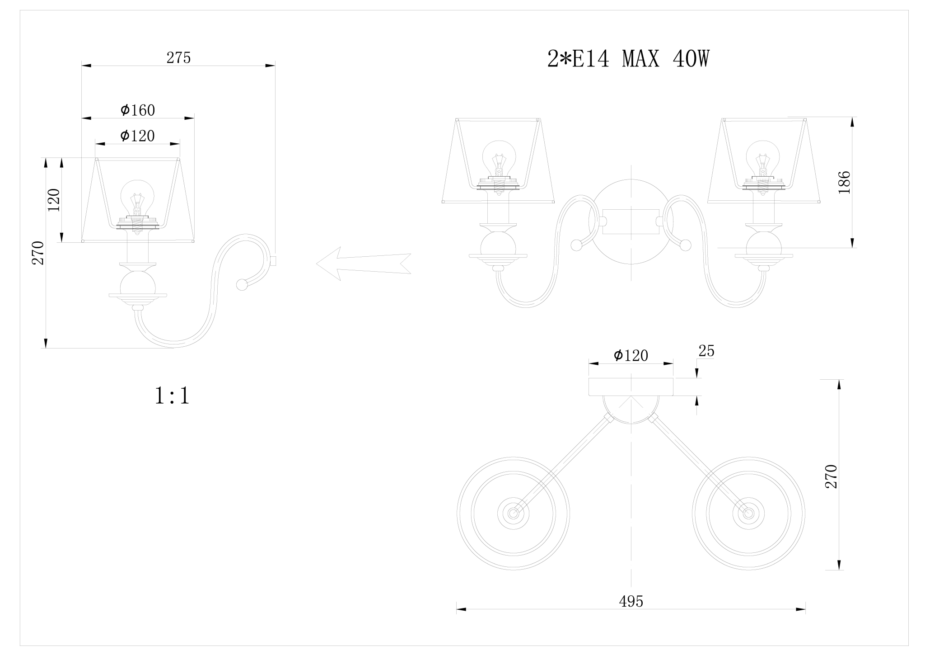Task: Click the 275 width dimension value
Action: (x=179, y=58)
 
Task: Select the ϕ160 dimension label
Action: (x=138, y=110)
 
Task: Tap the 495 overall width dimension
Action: (x=631, y=601)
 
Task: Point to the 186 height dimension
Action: (x=844, y=182)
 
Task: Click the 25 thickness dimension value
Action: (x=706, y=351)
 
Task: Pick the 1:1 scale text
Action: (x=172, y=396)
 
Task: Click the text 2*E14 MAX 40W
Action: (x=628, y=59)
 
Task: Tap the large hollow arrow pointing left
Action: (x=363, y=264)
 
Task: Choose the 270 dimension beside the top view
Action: (x=831, y=476)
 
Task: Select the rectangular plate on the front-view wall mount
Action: (x=631, y=221)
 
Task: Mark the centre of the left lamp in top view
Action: (x=513, y=514)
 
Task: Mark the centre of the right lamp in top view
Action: (x=748, y=514)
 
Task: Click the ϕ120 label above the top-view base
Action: (x=631, y=356)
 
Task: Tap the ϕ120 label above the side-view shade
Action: (x=138, y=136)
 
